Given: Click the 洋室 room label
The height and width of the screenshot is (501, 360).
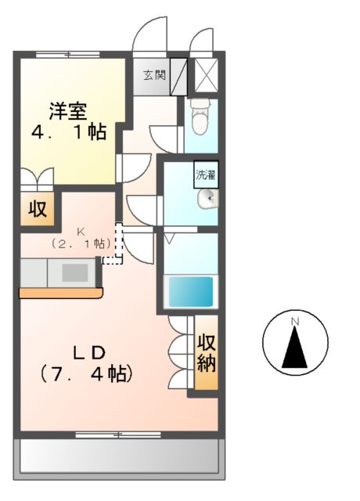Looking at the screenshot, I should pyautogui.click(x=68, y=111).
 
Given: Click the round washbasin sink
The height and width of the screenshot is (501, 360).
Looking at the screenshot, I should pyautogui.click(x=208, y=200).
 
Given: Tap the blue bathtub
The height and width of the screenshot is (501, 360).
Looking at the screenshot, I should pyautogui.click(x=192, y=292).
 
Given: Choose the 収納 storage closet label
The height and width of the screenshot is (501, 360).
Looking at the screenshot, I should pyautogui.click(x=207, y=352).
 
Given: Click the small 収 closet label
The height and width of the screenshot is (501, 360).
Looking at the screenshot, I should pyautogui.click(x=37, y=210).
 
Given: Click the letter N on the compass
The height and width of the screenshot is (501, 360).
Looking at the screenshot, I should pyautogui.click(x=295, y=322).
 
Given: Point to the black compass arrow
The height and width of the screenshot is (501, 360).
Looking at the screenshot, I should pyautogui.click(x=295, y=348).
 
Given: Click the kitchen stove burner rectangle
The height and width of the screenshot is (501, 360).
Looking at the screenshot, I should pyautogui.click(x=75, y=272).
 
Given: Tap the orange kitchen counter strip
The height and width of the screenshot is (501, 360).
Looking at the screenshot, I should pyautogui.click(x=61, y=293).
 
